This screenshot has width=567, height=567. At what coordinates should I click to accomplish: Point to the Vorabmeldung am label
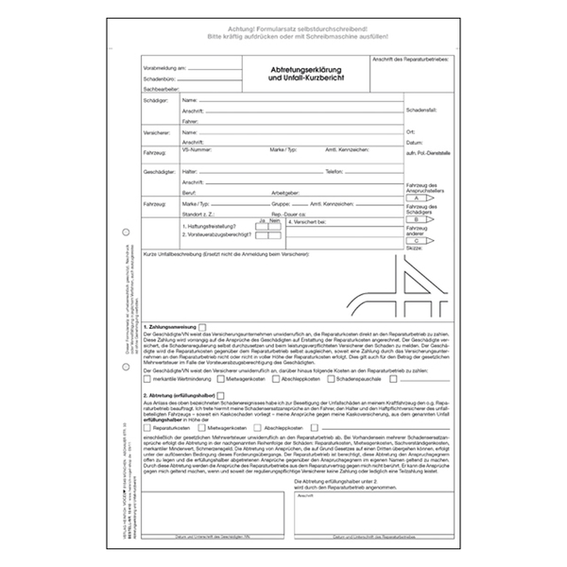165,69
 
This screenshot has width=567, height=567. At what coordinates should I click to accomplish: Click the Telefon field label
334,172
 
